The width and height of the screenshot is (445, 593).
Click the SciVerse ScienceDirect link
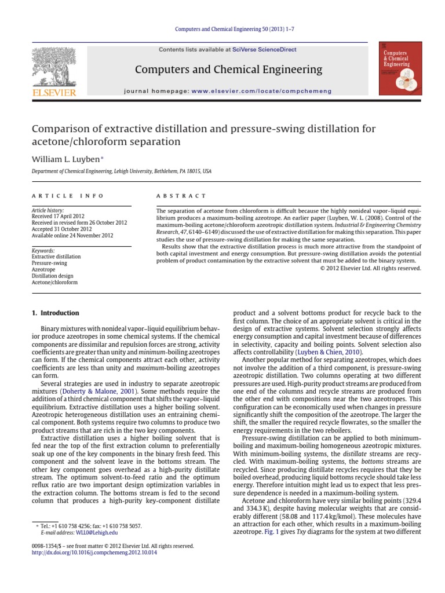264,50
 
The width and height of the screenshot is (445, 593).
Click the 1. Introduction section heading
56,313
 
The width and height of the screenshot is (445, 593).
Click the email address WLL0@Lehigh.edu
93,532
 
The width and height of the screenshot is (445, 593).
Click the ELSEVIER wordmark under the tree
53,92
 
